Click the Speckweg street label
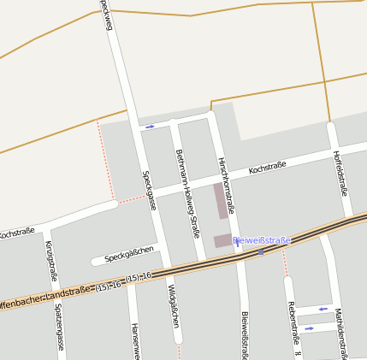tap(106, 15)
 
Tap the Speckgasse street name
tap(150, 190)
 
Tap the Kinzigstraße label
tap(50, 262)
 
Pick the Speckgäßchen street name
tap(129, 254)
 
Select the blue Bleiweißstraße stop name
tap(262, 240)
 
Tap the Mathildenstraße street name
tap(340, 332)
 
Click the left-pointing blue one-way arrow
tap(323, 309)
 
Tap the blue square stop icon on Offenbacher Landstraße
tap(261, 252)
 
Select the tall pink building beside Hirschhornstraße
tap(221, 201)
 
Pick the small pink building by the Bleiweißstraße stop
tap(222, 241)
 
